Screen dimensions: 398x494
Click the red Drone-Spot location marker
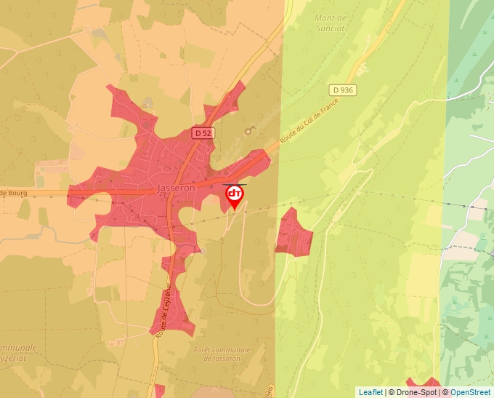click(235, 196)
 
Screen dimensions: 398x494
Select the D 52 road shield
click(202, 133)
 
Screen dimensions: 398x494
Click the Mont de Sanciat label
click(331, 23)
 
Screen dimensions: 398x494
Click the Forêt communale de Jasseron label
click(222, 354)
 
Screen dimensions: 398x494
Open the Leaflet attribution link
click(370, 392)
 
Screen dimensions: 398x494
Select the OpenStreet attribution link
click(470, 392)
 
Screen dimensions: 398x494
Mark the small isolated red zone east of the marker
click(293, 232)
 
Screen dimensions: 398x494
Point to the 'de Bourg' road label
click(12, 193)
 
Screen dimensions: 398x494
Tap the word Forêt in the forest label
click(205, 350)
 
